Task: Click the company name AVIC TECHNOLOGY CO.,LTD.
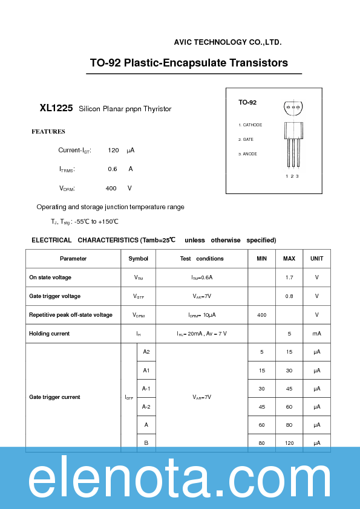(227, 42)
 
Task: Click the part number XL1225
(56, 108)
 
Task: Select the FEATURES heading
(48, 131)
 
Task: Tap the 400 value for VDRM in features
(111, 188)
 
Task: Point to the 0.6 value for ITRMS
(113, 169)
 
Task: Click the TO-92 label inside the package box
(247, 103)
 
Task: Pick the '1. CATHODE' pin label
(250, 125)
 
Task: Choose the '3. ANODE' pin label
(248, 154)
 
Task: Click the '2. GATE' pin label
(246, 140)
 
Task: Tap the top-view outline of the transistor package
(293, 108)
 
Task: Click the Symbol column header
(139, 259)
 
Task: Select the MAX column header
(289, 259)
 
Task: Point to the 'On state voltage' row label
(50, 277)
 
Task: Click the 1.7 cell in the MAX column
(289, 277)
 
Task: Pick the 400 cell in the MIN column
(261, 315)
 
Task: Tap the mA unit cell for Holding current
(316, 334)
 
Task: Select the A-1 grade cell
(146, 389)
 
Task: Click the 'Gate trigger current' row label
(55, 397)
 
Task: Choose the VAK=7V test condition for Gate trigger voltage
(201, 296)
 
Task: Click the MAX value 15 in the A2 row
(289, 352)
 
